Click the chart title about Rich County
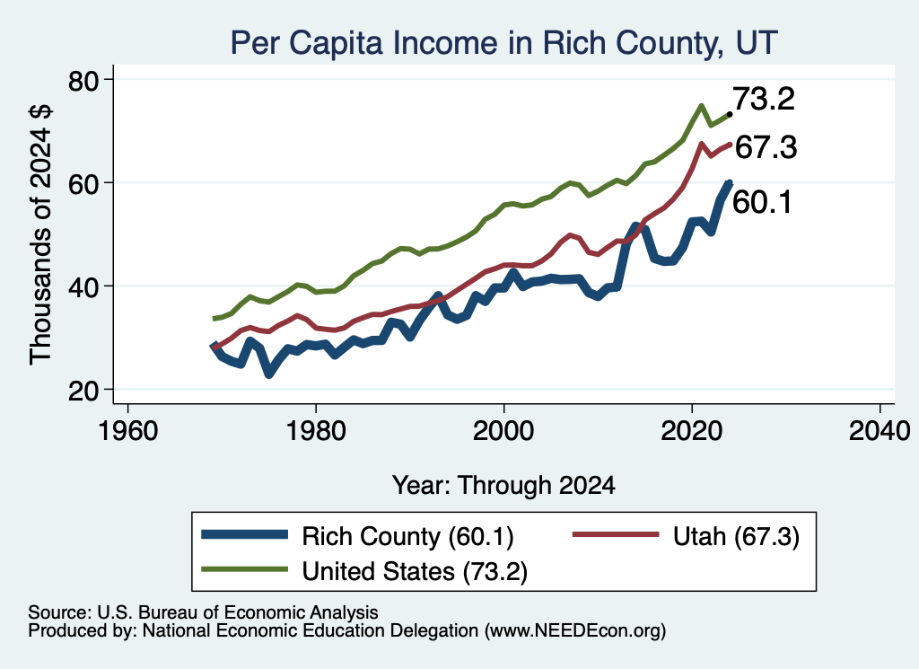tap(504, 43)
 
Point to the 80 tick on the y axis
tap(84, 80)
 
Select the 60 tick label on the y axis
tap(84, 183)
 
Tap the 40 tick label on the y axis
tap(84, 286)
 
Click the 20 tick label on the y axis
tap(84, 391)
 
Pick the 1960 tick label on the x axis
tap(127, 431)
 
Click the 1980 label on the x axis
tap(315, 431)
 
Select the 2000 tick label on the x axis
tap(503, 431)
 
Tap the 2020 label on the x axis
tap(692, 431)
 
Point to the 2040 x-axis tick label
tap(880, 431)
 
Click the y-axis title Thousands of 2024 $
tap(41, 234)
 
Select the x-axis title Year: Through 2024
tap(503, 486)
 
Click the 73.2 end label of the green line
tap(764, 99)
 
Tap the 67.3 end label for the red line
tap(766, 147)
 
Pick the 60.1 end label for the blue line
tap(762, 202)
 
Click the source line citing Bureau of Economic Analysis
tap(203, 612)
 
